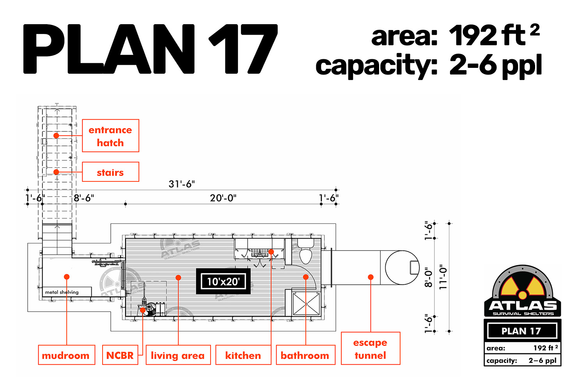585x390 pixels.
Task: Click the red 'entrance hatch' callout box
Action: tap(110, 136)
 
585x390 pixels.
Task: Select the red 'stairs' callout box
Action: tap(110, 172)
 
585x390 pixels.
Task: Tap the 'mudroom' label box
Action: tap(67, 355)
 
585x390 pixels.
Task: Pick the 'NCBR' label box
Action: tap(120, 355)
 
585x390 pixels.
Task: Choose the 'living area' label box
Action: tap(178, 355)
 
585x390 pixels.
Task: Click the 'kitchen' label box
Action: tap(243, 355)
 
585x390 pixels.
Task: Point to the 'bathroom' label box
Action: tap(305, 355)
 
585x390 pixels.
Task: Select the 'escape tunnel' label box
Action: tap(370, 349)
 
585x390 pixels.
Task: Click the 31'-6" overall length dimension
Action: tap(182, 184)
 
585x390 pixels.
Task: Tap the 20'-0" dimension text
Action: tap(223, 198)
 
